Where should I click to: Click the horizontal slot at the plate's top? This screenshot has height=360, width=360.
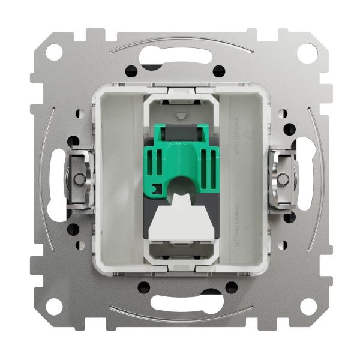point(180,57)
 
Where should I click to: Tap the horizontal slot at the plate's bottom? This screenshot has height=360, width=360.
point(180,301)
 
